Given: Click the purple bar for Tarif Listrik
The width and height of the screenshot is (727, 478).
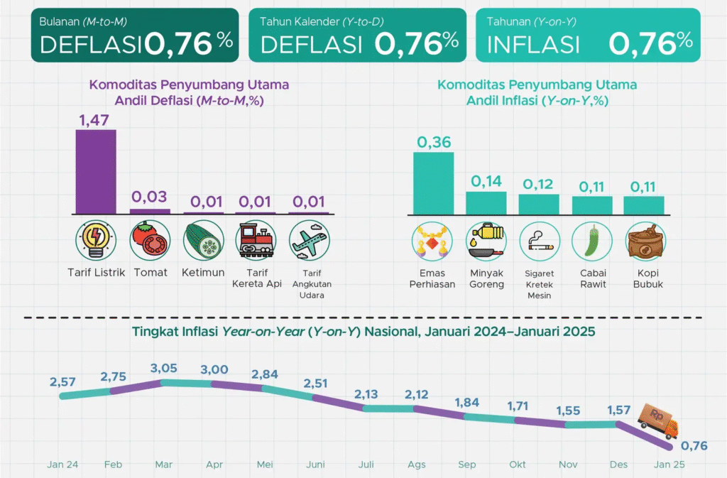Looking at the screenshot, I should click(96, 171).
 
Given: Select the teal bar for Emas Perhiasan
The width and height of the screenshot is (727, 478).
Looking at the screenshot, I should click(434, 183).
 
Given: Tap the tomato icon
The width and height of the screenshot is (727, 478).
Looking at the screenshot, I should click(150, 241).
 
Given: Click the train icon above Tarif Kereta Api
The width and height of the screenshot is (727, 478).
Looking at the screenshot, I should click(256, 241).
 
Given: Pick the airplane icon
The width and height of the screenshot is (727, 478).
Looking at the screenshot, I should click(309, 241).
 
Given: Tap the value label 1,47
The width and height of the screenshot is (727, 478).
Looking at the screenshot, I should click(96, 119).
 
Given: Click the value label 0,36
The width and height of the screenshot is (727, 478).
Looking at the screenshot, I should click(434, 142).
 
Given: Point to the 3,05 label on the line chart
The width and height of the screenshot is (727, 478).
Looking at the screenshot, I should click(163, 368).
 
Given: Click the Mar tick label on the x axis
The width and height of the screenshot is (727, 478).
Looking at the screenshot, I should click(164, 465).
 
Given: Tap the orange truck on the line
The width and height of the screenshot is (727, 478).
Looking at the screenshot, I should click(657, 421).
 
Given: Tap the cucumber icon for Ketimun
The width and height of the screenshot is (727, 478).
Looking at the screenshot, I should click(203, 241).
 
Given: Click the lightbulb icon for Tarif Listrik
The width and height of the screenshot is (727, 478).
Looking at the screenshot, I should click(96, 241).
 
